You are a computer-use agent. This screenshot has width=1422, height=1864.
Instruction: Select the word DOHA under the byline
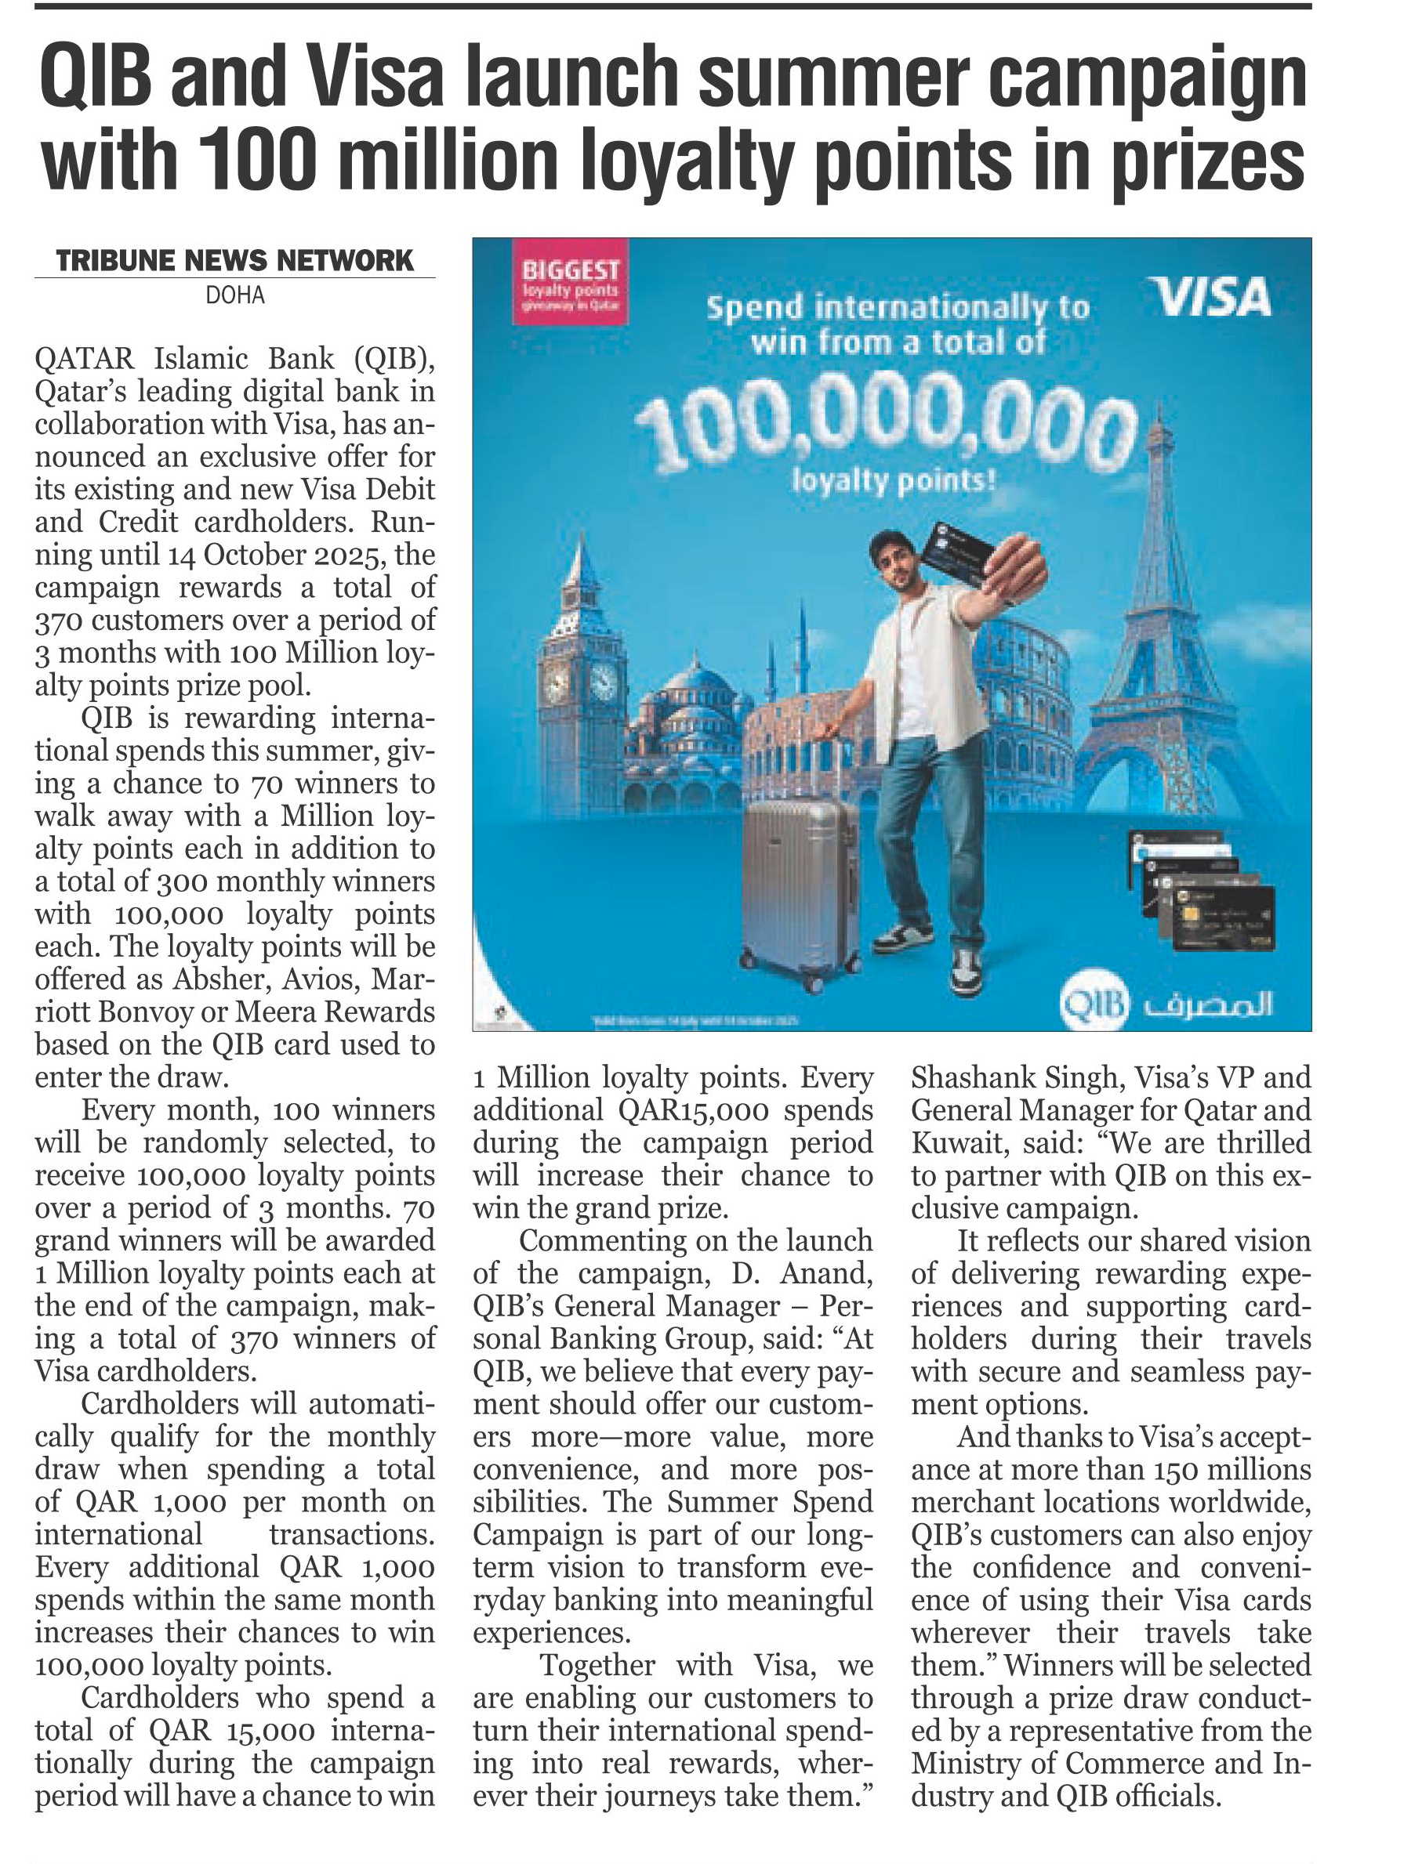[234, 295]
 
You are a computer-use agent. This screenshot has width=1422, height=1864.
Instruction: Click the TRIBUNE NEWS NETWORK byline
[234, 261]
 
